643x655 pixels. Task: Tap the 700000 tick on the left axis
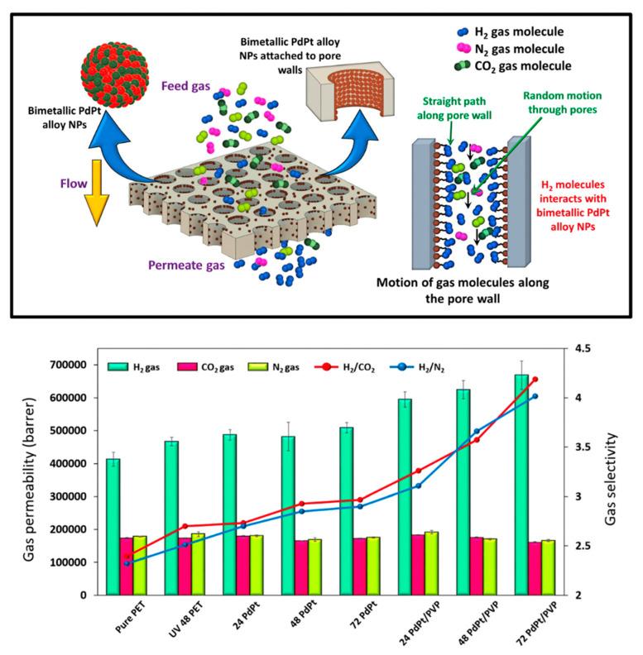coord(70,365)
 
